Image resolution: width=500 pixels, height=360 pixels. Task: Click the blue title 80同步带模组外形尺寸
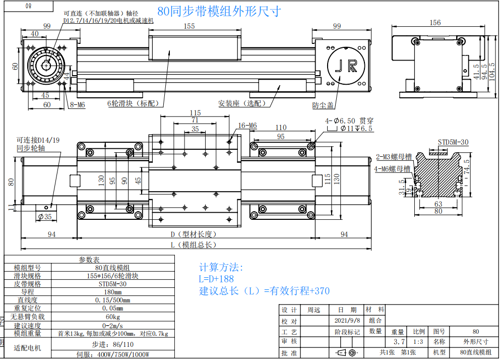(x=219, y=11)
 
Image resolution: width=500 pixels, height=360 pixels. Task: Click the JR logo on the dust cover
(x=346, y=66)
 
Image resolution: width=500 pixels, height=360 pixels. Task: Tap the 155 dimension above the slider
(x=189, y=26)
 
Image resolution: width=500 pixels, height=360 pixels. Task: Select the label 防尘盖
(x=323, y=105)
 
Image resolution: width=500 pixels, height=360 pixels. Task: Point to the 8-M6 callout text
(x=78, y=104)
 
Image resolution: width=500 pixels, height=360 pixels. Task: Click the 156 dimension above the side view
(x=435, y=23)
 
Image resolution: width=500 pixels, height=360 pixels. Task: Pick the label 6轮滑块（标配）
(x=135, y=103)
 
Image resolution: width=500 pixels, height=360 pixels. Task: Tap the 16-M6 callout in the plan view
(x=247, y=126)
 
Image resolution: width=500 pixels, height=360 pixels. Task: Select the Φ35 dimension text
(x=45, y=217)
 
